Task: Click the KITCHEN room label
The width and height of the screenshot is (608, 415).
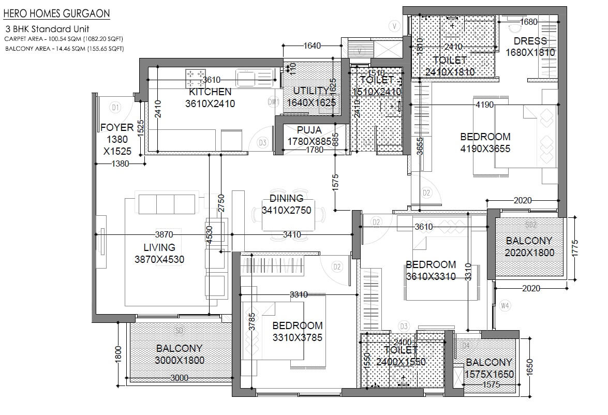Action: point(210,92)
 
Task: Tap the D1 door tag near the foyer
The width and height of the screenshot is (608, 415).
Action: point(115,107)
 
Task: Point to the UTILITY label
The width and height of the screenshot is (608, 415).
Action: point(311,91)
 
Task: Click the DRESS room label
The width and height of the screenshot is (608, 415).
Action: point(530,41)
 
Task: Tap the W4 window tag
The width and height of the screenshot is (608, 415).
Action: point(505,306)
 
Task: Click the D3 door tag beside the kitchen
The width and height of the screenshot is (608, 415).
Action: point(262,142)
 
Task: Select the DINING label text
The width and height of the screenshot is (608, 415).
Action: point(286,199)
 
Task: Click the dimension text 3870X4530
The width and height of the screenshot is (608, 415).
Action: point(159,260)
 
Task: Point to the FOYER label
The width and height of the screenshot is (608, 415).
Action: point(117,127)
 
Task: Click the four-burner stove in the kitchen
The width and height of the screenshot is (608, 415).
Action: point(195,78)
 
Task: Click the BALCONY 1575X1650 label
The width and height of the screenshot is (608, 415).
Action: point(488,368)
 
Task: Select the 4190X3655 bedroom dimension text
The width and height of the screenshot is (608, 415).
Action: point(485,149)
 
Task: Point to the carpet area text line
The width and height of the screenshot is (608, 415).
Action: point(64,39)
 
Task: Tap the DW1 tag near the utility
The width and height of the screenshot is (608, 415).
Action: point(273,102)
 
